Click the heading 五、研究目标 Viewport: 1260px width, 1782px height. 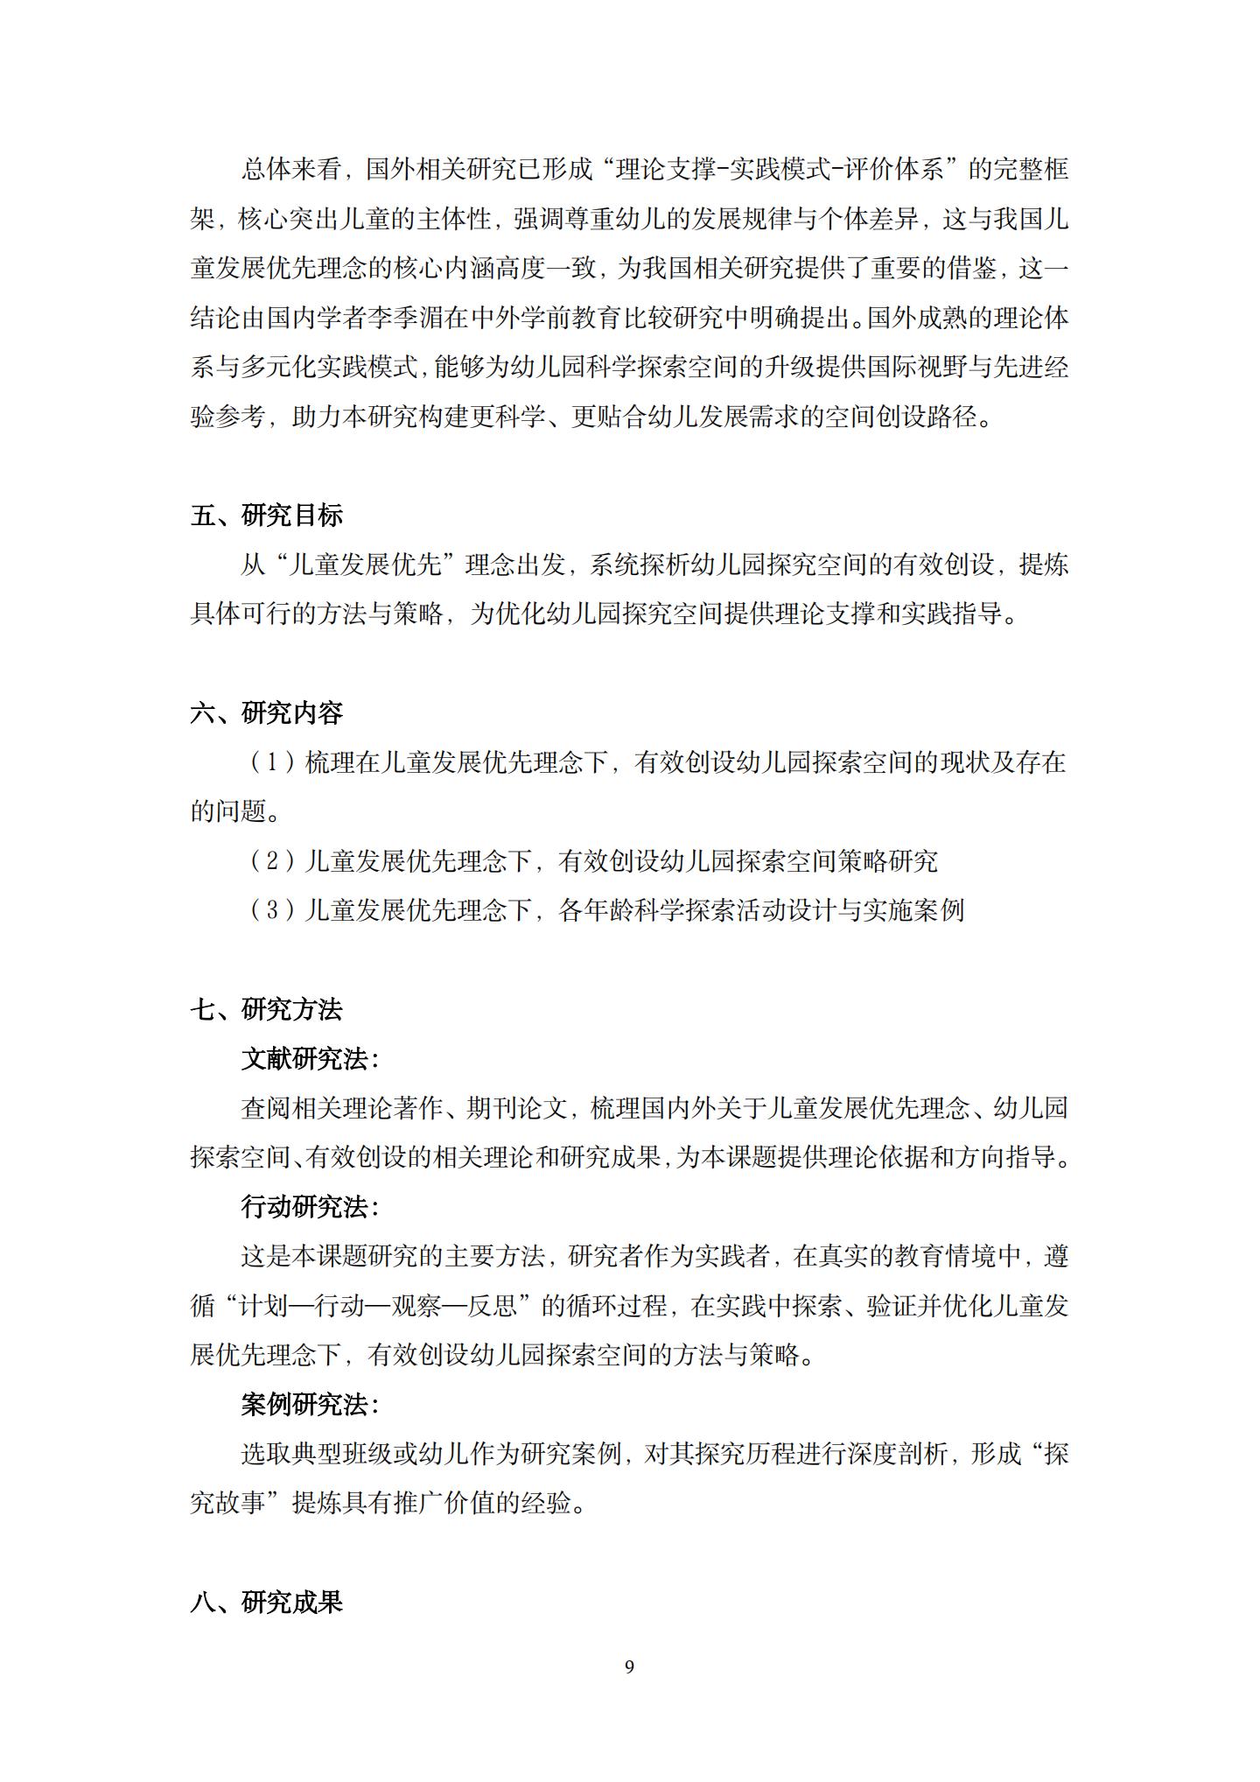click(266, 516)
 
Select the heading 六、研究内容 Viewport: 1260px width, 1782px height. click(266, 713)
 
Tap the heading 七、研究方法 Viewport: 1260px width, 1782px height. click(266, 1010)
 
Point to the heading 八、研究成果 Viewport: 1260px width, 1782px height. click(266, 1603)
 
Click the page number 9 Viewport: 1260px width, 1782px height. click(629, 1667)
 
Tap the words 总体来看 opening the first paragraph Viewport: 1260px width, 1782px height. click(291, 169)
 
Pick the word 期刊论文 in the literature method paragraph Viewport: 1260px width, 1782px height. click(516, 1109)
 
